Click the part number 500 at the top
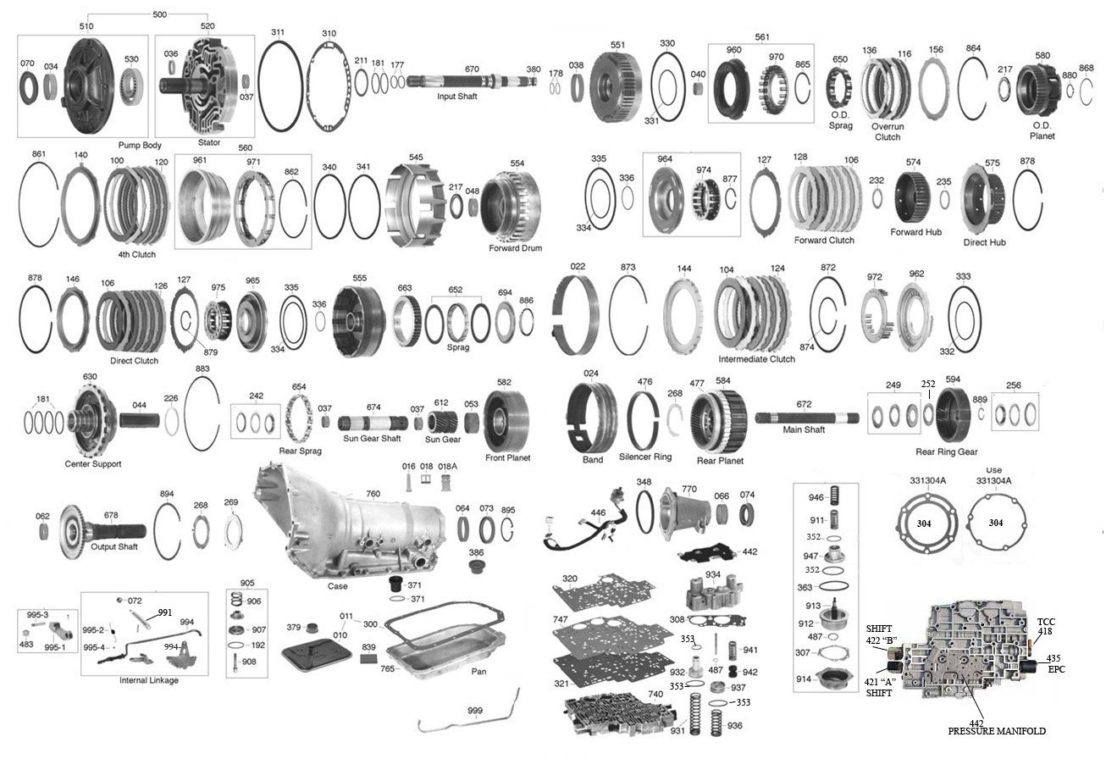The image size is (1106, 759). click(x=158, y=14)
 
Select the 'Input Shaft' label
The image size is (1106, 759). click(x=456, y=97)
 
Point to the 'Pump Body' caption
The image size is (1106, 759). click(x=141, y=145)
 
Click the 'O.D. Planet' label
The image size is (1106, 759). click(x=1042, y=130)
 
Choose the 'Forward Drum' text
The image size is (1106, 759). click(x=515, y=248)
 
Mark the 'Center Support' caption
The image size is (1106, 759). click(x=92, y=464)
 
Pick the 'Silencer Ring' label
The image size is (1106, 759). click(x=645, y=457)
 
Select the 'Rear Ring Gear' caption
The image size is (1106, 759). click(x=946, y=452)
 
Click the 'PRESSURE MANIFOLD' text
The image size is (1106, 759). click(x=996, y=730)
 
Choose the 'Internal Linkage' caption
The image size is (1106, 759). click(x=149, y=680)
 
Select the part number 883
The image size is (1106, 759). click(x=202, y=369)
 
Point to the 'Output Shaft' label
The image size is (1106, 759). click(x=114, y=546)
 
